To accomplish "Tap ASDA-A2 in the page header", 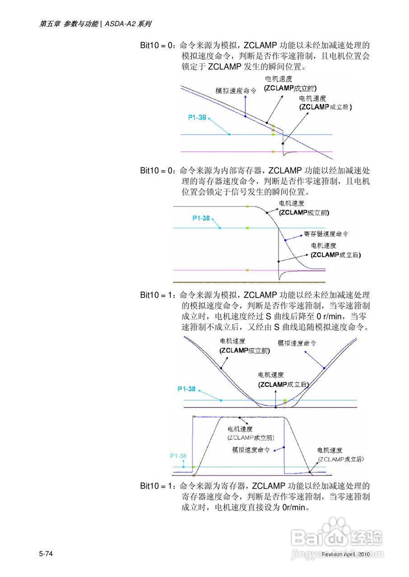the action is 121,24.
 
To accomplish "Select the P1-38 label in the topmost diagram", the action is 197,117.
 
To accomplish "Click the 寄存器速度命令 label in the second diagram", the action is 326,234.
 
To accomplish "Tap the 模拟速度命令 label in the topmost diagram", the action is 236,91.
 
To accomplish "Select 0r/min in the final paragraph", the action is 294,508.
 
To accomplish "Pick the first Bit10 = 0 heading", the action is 157,46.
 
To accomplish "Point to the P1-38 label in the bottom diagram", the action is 178,456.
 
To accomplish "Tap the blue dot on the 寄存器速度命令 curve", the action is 285,240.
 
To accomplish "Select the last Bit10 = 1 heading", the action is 157,486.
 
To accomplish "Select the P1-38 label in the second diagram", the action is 201,218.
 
